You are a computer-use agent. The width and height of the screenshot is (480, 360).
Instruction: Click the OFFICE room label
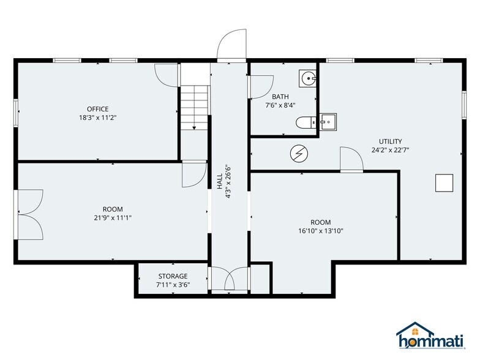(x=97, y=109)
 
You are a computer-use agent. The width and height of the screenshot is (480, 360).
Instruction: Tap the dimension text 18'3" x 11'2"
(x=97, y=118)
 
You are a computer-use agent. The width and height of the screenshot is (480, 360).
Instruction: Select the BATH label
(x=280, y=97)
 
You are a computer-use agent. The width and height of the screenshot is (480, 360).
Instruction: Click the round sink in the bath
(x=307, y=78)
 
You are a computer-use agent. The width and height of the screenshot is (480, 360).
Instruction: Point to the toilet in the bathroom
(x=304, y=122)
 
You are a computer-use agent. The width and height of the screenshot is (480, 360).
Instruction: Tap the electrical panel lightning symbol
(x=298, y=153)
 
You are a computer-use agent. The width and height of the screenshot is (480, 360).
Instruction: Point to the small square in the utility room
(x=444, y=182)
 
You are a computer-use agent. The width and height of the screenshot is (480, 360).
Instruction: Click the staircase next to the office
(x=195, y=107)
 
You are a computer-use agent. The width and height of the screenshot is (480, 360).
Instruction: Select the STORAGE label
(x=173, y=276)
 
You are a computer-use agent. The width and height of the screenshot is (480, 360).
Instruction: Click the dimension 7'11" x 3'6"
(x=173, y=285)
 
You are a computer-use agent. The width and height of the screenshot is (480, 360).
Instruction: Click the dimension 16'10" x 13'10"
(x=321, y=231)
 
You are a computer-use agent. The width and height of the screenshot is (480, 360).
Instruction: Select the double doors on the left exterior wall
(x=29, y=214)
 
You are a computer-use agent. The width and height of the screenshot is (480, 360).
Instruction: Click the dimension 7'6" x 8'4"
(x=280, y=105)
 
